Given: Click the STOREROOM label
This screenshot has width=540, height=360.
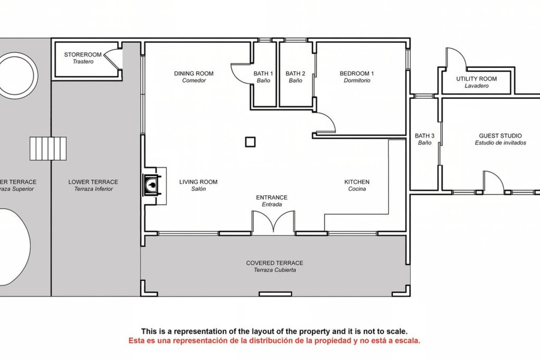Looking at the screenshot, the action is (83, 55).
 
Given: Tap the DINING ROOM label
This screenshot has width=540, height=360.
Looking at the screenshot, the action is (194, 73).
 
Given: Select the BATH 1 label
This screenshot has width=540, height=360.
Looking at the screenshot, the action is (263, 73).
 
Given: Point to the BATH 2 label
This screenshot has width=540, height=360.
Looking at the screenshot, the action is (295, 73).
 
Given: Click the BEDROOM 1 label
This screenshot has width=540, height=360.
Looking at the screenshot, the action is (357, 73).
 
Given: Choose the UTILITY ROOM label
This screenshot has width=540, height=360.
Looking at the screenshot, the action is (476, 79).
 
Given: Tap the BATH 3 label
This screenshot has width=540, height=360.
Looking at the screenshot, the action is (425, 136).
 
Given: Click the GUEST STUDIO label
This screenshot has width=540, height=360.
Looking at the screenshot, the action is (500, 136).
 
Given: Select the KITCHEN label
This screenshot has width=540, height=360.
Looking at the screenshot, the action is (357, 182).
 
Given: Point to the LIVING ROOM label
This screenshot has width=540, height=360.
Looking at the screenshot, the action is (198, 182).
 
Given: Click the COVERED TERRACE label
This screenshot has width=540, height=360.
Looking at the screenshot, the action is (274, 263).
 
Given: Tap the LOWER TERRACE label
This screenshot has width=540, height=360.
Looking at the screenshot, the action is (93, 182).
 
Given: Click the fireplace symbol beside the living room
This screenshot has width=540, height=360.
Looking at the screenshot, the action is (152, 185).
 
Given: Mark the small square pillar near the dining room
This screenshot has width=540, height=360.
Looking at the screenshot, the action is (250, 142).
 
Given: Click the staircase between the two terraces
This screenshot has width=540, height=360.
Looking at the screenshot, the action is (48, 148).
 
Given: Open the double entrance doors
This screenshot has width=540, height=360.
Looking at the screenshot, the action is (273, 222).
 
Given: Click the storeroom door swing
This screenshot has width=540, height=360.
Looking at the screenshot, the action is (112, 59).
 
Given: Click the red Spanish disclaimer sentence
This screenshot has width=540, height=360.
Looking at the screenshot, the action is (274, 341).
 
